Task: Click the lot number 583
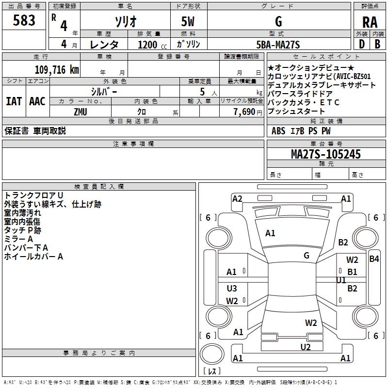click(x=24, y=20)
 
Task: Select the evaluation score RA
click(x=370, y=22)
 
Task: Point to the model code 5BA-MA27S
click(x=278, y=45)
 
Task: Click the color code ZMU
click(x=81, y=112)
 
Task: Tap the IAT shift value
click(x=14, y=101)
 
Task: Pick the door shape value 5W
click(x=188, y=21)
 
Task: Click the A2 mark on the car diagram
click(x=237, y=198)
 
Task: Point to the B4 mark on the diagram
click(x=374, y=259)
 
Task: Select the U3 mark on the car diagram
click(x=232, y=289)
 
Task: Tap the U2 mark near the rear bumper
click(x=305, y=346)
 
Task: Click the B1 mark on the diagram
click(x=352, y=272)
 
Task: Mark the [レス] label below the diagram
click(x=211, y=372)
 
